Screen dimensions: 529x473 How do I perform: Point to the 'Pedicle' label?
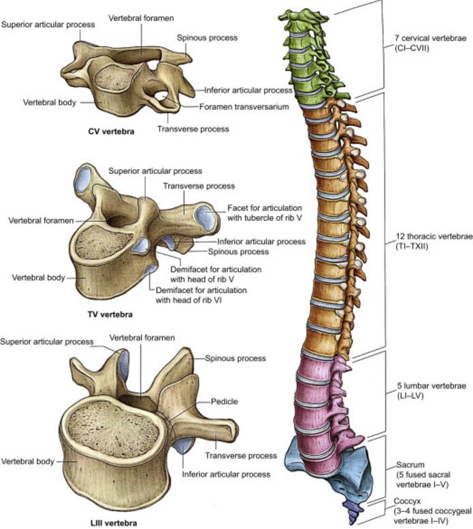[x=225, y=402]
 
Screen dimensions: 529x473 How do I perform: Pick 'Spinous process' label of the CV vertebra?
[x=201, y=39]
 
